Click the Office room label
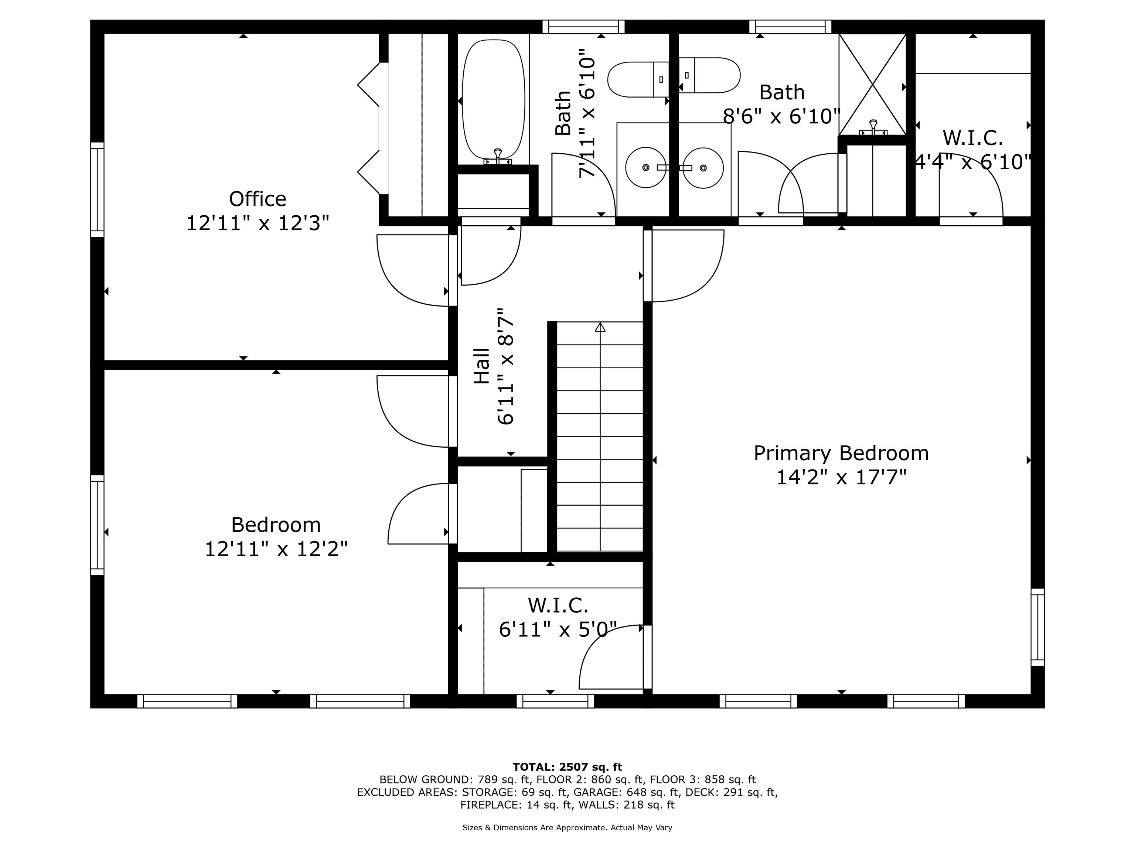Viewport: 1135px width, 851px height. pyautogui.click(x=258, y=199)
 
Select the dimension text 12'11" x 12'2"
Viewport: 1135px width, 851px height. pyautogui.click(x=276, y=549)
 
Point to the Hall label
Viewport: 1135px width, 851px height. pyautogui.click(x=482, y=366)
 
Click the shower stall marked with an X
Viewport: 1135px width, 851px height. pyautogui.click(x=872, y=85)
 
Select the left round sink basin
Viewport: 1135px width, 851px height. pyautogui.click(x=645, y=168)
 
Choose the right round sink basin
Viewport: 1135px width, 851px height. pyautogui.click(x=703, y=168)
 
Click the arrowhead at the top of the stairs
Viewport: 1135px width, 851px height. pyautogui.click(x=600, y=327)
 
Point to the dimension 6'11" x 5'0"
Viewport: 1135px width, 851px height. pyautogui.click(x=558, y=630)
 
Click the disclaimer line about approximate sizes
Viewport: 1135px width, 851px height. pyautogui.click(x=567, y=827)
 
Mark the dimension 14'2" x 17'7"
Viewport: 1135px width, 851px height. pyautogui.click(x=841, y=478)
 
